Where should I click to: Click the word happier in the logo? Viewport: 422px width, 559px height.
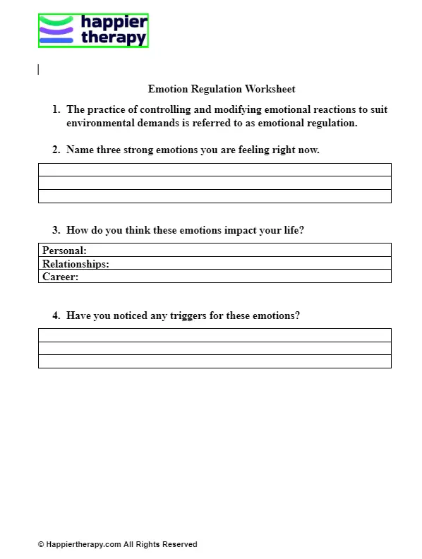(x=114, y=23)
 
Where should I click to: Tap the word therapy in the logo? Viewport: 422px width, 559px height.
(x=114, y=38)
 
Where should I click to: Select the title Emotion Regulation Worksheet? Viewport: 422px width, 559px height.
(x=222, y=89)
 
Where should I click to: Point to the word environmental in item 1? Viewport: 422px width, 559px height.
(x=100, y=124)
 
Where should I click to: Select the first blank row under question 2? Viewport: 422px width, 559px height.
(x=215, y=169)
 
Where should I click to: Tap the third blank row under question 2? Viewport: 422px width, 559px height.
(x=215, y=196)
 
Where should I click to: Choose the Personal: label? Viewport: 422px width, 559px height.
(x=64, y=251)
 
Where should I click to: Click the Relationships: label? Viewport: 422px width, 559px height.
(x=76, y=264)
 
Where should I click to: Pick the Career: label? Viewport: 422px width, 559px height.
(x=60, y=277)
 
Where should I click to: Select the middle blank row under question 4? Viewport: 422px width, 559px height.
(x=215, y=348)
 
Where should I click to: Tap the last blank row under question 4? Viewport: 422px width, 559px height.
(x=215, y=361)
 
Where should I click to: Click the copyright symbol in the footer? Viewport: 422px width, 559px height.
(x=41, y=545)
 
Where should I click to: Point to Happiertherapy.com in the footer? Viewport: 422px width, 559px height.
(x=83, y=545)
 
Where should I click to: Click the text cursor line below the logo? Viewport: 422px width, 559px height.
(x=38, y=69)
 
